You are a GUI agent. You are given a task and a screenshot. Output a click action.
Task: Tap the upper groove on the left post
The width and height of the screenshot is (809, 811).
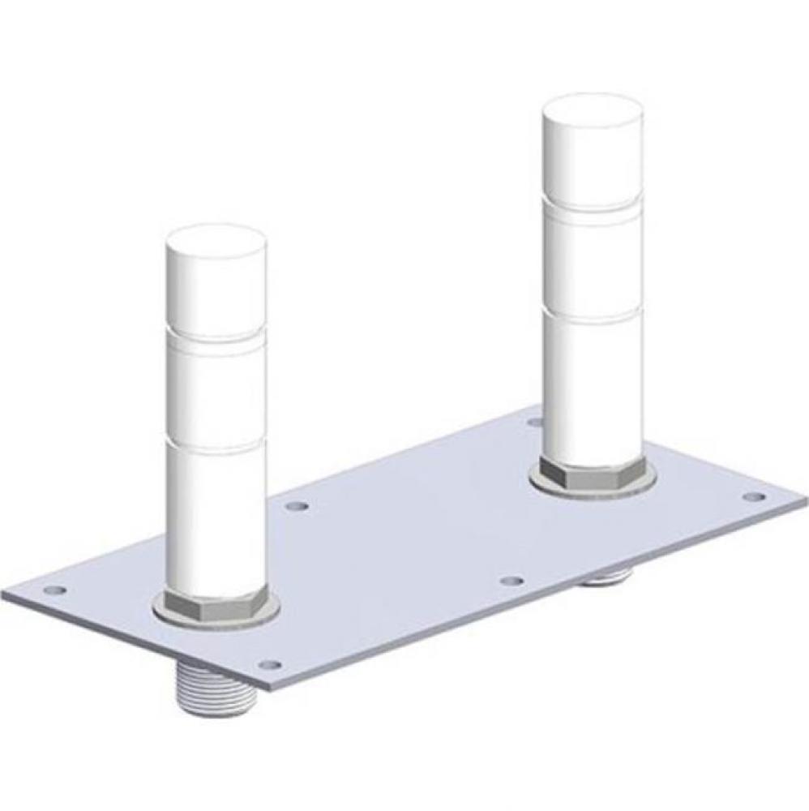(x=216, y=333)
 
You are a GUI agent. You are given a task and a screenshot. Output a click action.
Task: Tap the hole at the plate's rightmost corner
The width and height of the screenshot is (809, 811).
(x=752, y=496)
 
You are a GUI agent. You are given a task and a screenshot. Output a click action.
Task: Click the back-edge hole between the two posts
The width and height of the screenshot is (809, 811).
(x=298, y=506)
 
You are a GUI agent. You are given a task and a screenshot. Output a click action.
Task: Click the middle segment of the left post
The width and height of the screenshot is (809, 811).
(x=216, y=389)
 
